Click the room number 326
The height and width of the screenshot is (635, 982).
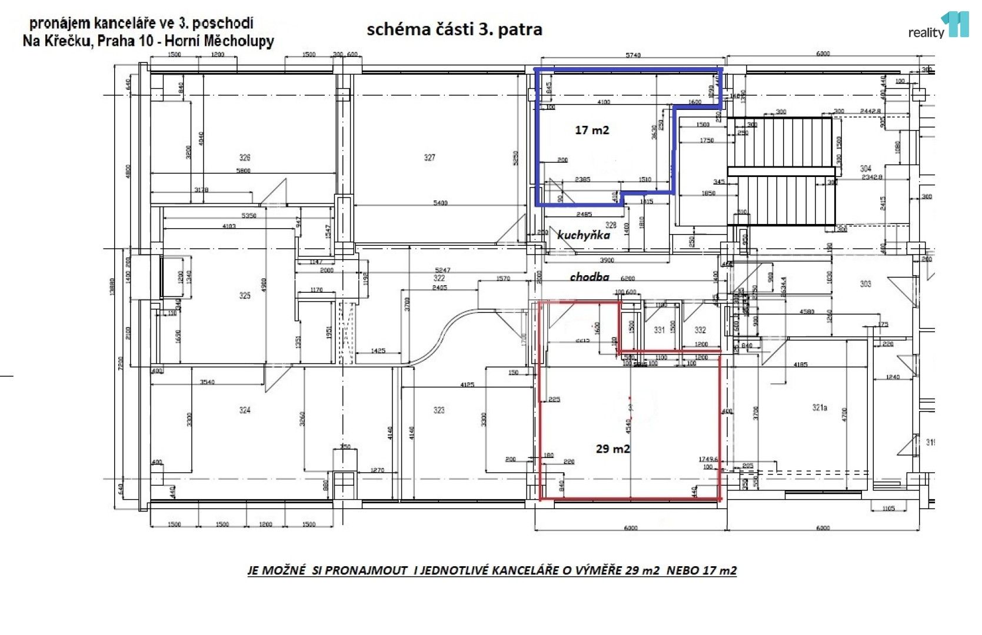[x=245, y=158]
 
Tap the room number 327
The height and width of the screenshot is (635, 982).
[x=430, y=158]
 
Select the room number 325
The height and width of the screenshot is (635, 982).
[x=245, y=295]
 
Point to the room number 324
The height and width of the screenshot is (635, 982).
[x=245, y=410]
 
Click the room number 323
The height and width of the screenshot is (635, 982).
[x=439, y=410]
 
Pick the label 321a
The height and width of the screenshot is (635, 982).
[x=820, y=407]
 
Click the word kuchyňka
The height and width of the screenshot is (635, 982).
[x=584, y=235]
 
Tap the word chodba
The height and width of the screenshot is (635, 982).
[x=589, y=276]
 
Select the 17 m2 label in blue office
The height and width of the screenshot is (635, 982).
[x=592, y=130]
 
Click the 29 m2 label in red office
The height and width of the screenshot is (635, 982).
[x=612, y=449]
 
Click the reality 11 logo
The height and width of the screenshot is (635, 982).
[x=938, y=26]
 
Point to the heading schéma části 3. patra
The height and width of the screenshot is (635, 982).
[x=454, y=29]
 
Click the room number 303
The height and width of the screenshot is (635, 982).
[x=866, y=284]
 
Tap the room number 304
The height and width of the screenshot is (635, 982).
[x=866, y=168]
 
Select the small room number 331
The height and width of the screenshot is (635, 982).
[x=660, y=330]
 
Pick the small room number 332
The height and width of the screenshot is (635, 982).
[x=700, y=330]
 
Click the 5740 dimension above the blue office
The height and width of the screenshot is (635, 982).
[x=633, y=55]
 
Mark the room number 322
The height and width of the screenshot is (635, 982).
[x=439, y=278]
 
